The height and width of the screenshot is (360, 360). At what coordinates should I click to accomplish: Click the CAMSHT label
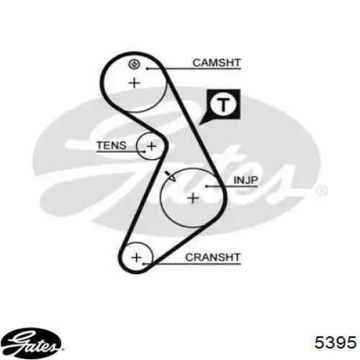[217, 63]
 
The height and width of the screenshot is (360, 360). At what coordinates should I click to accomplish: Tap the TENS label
[112, 145]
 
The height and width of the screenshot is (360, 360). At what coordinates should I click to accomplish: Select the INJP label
[246, 180]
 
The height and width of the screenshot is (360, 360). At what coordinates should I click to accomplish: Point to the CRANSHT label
[212, 258]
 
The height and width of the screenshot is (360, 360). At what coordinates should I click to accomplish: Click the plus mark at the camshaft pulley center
[135, 83]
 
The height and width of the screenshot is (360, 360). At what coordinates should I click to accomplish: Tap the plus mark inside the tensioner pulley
[151, 146]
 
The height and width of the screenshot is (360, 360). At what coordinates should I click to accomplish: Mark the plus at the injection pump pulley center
[193, 198]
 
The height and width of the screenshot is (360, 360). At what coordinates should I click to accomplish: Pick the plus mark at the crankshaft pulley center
[137, 258]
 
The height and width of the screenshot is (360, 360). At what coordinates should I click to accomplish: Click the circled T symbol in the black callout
[223, 104]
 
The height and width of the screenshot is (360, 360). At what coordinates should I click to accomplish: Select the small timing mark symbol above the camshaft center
[134, 64]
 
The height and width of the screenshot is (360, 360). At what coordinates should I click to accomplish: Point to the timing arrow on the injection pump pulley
[171, 176]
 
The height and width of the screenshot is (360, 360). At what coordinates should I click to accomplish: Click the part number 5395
[336, 342]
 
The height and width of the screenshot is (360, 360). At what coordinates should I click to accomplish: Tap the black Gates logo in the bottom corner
[31, 343]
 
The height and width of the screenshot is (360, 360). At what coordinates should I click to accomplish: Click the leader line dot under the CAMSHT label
[148, 69]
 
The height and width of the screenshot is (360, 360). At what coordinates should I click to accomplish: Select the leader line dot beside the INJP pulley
[207, 186]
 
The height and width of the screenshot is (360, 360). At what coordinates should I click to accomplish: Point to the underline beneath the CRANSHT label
[192, 264]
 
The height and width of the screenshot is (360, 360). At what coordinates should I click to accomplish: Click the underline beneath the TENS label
[121, 152]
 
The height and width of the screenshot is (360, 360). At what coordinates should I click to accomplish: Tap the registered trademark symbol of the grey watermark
[322, 191]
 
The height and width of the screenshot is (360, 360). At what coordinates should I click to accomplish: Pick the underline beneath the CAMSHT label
[194, 69]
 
